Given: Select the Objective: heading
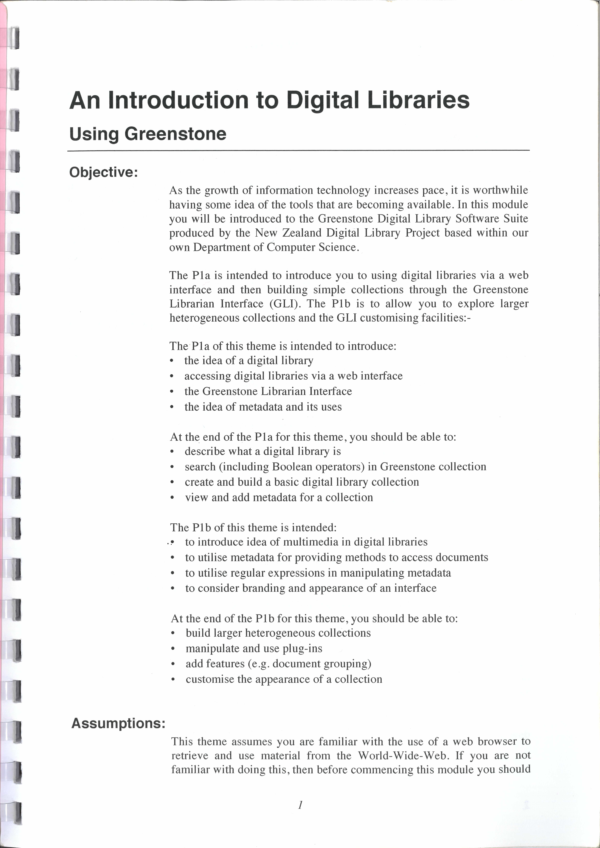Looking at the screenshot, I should [x=103, y=172].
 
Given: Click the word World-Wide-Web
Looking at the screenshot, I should [x=403, y=756].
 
